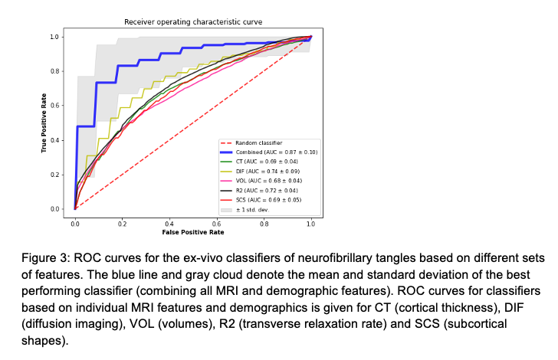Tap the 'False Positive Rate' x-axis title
click(x=192, y=231)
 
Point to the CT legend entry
click(x=265, y=162)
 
